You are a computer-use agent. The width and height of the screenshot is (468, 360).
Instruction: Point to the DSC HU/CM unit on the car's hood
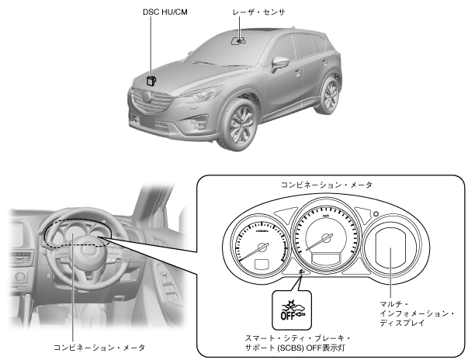151,79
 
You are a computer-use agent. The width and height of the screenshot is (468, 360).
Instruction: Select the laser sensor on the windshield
241,37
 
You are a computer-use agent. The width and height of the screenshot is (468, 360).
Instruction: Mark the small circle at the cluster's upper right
376,213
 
